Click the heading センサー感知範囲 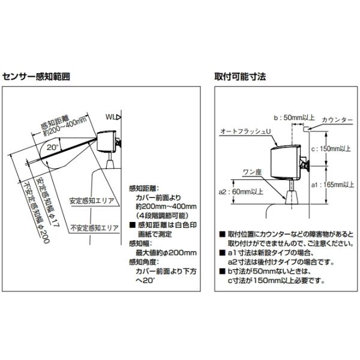click(36, 76)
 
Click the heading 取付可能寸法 click(240, 76)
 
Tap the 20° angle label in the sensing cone click(53, 147)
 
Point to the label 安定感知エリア click(92, 201)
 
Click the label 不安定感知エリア click(94, 228)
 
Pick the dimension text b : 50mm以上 click(295, 118)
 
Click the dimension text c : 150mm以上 click(331, 149)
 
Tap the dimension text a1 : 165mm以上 click(332, 185)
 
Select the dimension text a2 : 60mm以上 click(241, 192)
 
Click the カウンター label click(337, 120)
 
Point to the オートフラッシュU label click(245, 131)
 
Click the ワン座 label click(252, 172)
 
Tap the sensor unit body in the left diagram click(107, 141)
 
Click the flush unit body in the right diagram click(286, 163)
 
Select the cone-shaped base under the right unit click(292, 197)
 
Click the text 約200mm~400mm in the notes click(166, 206)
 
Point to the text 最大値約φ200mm click(166, 253)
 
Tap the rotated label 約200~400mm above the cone click(65, 127)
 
